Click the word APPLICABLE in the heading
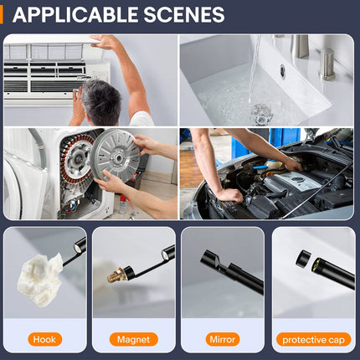point(75,14)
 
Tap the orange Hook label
point(44,339)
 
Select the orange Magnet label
point(134,339)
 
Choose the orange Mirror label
point(223,339)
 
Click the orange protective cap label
point(313,340)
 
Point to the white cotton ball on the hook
point(40,279)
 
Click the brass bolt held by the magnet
point(116,275)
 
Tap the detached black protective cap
point(304,260)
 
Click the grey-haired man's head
point(100,102)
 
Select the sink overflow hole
point(283,71)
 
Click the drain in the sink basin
point(262,114)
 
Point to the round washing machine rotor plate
point(116,157)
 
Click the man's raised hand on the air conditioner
point(105,43)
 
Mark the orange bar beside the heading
point(1,15)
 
